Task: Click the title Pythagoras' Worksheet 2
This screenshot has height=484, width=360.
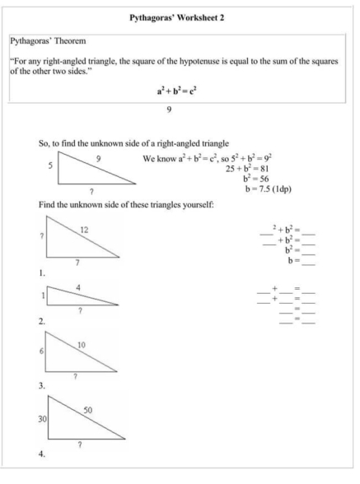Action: coord(180,16)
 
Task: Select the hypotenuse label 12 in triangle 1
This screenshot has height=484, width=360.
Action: coord(84,229)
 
